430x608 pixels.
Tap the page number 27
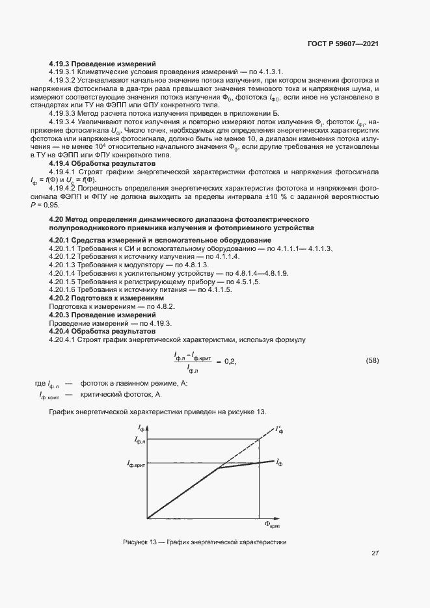(375, 553)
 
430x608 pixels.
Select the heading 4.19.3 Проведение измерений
(103, 64)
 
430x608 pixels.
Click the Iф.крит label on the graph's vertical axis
(136, 464)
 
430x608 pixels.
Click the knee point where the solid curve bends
(218, 468)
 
